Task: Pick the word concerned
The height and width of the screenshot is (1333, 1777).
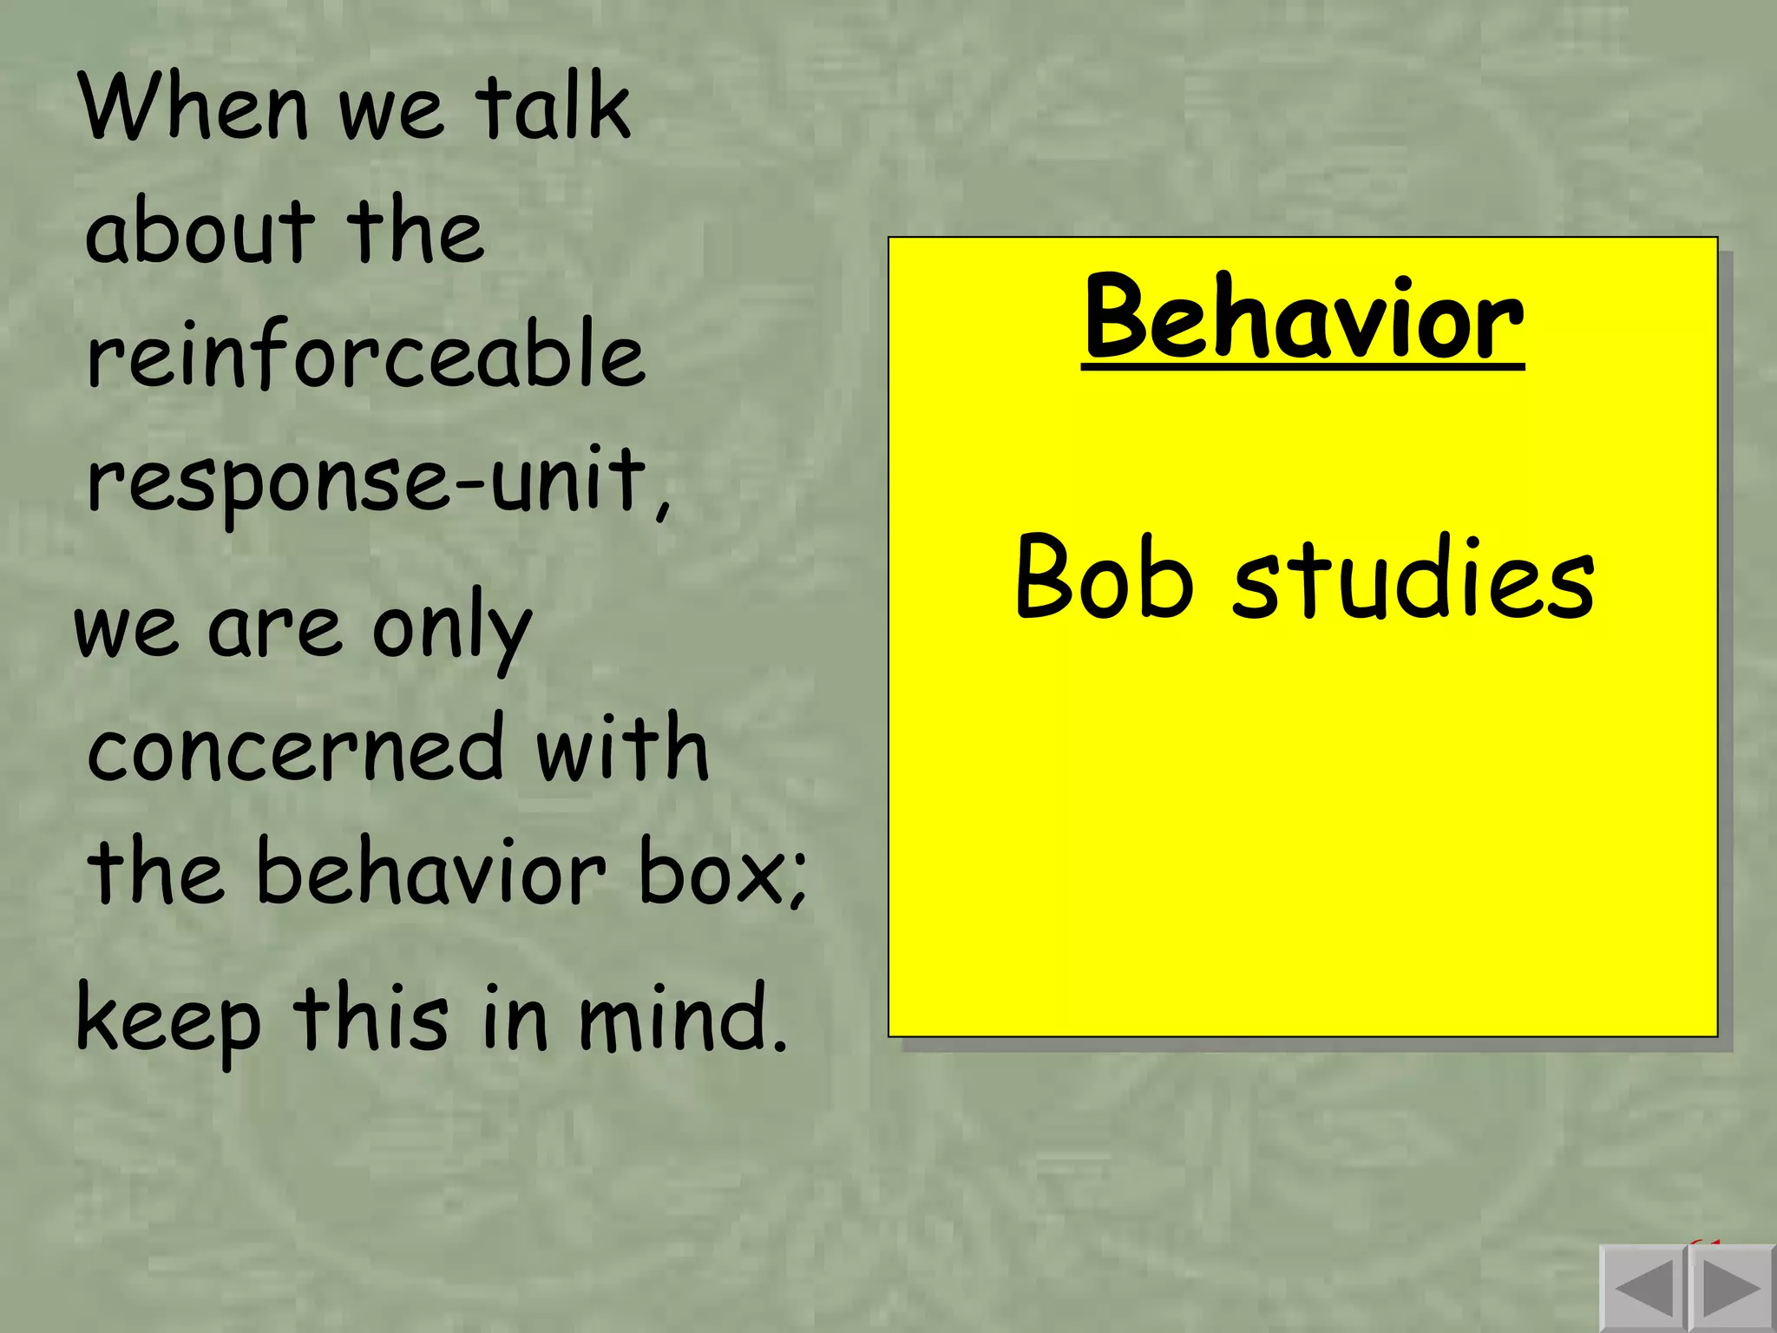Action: [x=295, y=748]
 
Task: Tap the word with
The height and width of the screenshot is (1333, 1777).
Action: [x=622, y=748]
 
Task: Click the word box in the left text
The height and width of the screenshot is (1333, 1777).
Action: [x=711, y=871]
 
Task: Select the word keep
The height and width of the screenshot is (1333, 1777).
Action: [x=168, y=1017]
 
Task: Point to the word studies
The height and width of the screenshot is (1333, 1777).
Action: [x=1413, y=577]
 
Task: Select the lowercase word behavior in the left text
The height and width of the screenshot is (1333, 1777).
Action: [x=431, y=871]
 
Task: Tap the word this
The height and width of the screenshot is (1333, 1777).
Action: [x=371, y=1017]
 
